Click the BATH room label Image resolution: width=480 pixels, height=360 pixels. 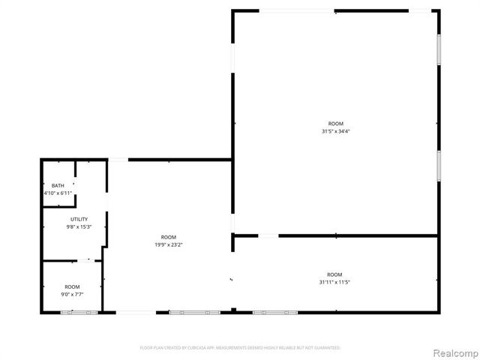coord(58,185)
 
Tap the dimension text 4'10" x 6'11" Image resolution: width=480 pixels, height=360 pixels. coord(58,193)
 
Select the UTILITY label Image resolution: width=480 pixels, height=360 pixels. coord(79,219)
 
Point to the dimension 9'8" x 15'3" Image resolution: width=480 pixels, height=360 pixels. coord(79,226)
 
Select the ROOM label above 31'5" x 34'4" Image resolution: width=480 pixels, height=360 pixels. coord(335,124)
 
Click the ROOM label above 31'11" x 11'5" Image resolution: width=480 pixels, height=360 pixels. coord(334,274)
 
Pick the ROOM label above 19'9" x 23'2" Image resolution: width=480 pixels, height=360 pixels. coord(168,236)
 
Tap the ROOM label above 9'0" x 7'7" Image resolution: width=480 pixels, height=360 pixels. coord(72,286)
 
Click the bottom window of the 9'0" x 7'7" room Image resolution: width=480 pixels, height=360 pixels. coord(79,312)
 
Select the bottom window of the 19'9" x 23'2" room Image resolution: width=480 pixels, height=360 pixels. coord(195,312)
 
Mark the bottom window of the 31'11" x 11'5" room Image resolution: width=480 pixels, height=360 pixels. coord(275,312)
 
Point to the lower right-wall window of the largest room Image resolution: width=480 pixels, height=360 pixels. coord(439,165)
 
